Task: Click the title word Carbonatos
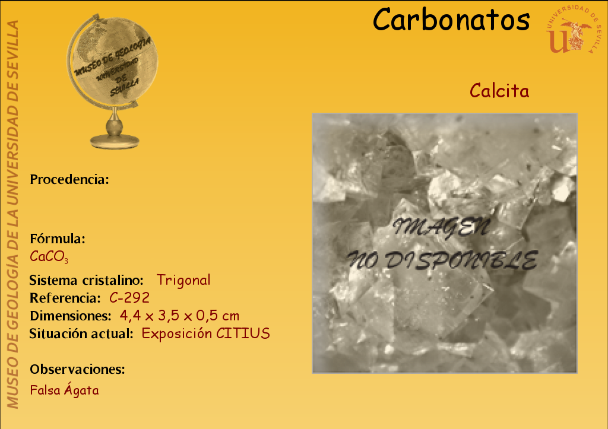[x=451, y=20]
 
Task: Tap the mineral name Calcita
[x=499, y=91]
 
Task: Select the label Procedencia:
[x=69, y=180]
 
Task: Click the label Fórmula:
[x=58, y=239]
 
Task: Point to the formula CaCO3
[x=49, y=256]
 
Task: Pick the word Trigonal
[x=183, y=280]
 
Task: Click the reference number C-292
[x=129, y=298]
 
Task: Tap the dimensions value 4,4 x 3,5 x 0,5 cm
[x=179, y=316]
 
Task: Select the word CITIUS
[x=243, y=333]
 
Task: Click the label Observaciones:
[x=78, y=369]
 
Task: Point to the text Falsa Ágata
[x=64, y=389]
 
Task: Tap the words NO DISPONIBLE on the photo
[x=442, y=260]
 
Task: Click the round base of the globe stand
[x=115, y=141]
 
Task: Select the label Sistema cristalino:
[x=86, y=280]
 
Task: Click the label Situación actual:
[x=81, y=333]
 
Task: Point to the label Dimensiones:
[x=71, y=316]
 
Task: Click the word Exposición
[x=177, y=333]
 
